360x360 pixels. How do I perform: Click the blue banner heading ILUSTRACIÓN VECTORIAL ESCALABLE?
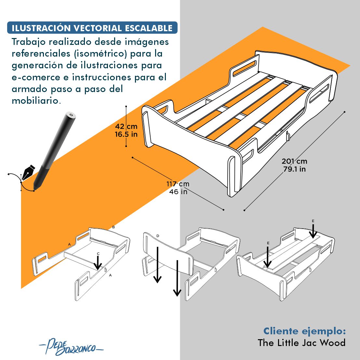pyautogui.click(x=92, y=28)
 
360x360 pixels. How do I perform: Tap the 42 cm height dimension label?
pyautogui.click(x=126, y=127)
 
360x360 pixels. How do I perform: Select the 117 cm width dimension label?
pyautogui.click(x=178, y=184)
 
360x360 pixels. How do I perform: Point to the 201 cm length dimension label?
pyautogui.click(x=294, y=161)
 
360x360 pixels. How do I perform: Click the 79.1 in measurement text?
pyautogui.click(x=294, y=169)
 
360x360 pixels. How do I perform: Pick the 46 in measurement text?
pyautogui.click(x=178, y=192)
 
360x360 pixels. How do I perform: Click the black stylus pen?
pyautogui.click(x=55, y=150)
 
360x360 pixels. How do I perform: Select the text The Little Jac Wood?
pyautogui.click(x=301, y=343)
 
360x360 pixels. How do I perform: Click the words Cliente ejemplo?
pyautogui.click(x=304, y=331)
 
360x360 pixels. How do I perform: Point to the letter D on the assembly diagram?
pyautogui.click(x=158, y=235)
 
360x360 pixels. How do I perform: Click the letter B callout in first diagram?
pyautogui.click(x=113, y=227)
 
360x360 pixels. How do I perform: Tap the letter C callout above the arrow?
pyautogui.click(x=98, y=254)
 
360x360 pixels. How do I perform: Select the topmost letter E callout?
pyautogui.click(x=313, y=221)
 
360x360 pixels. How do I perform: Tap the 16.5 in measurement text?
pyautogui.click(x=126, y=134)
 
